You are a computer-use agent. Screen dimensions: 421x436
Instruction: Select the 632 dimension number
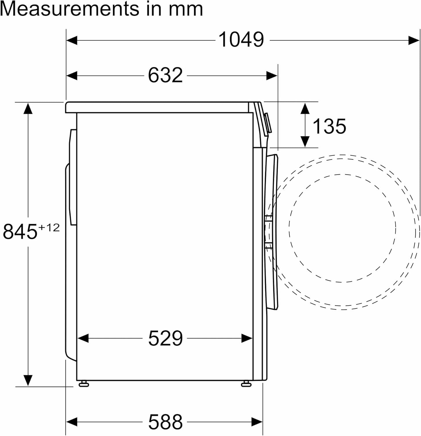click(165, 75)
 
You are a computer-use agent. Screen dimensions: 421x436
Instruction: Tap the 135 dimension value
click(329, 126)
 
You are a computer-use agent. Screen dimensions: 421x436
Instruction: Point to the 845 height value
click(20, 231)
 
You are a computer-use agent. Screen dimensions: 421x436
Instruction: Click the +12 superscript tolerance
click(49, 227)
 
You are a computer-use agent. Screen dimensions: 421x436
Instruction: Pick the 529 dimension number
click(165, 338)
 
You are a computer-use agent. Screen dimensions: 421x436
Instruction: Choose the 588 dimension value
click(165, 421)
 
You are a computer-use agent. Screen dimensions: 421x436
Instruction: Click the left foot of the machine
click(84, 384)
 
